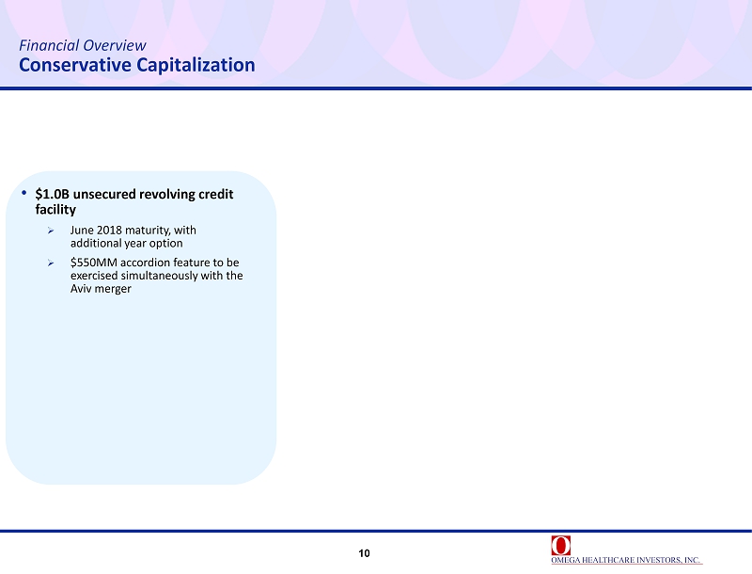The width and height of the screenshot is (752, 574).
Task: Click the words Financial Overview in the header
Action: pyautogui.click(x=83, y=45)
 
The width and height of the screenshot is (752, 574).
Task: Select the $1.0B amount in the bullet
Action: pyautogui.click(x=53, y=194)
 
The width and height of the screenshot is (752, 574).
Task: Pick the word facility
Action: pyautogui.click(x=55, y=210)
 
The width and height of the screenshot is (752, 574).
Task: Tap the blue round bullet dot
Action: pyautogui.click(x=24, y=193)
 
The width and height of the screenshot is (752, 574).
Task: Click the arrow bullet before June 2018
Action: pyautogui.click(x=51, y=231)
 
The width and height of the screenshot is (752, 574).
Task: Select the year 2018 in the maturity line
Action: pyautogui.click(x=109, y=231)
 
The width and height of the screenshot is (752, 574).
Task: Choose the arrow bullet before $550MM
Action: pyautogui.click(x=51, y=263)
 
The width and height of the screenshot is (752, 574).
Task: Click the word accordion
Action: pyautogui.click(x=145, y=263)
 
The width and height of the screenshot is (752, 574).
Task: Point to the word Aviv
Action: pyautogui.click(x=81, y=289)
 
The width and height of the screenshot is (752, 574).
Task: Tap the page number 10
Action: pyautogui.click(x=364, y=553)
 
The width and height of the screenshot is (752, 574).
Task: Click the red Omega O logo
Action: pyautogui.click(x=560, y=545)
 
